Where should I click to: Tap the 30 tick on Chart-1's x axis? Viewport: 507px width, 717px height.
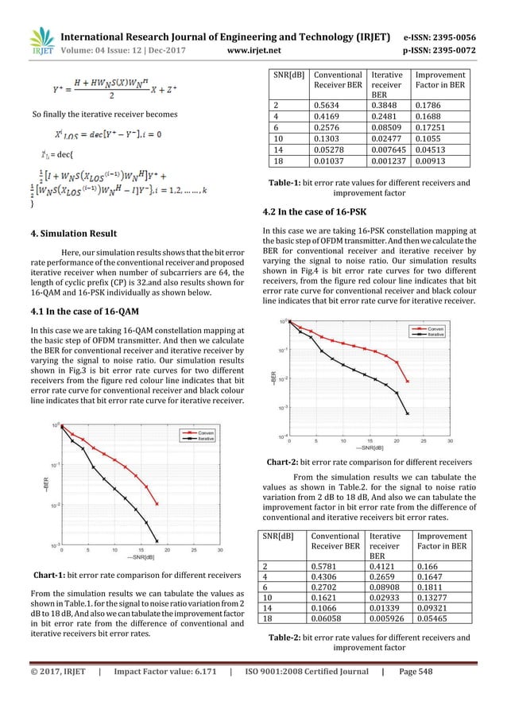tap(219, 548)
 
